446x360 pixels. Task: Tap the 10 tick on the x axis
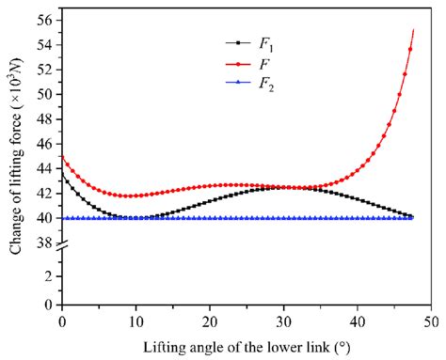click(x=135, y=320)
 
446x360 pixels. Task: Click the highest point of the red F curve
click(x=413, y=30)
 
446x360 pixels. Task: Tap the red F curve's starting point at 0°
click(x=62, y=156)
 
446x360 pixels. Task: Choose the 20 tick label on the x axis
click(x=209, y=320)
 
